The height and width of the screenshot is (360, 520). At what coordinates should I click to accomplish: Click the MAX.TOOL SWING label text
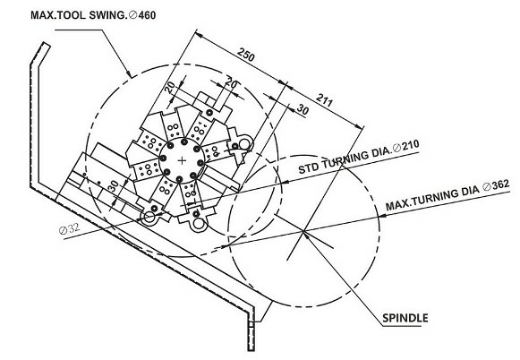(x=79, y=15)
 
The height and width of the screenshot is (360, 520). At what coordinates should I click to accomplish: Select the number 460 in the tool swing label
(x=147, y=15)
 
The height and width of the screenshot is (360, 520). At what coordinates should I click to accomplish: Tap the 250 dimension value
(x=246, y=55)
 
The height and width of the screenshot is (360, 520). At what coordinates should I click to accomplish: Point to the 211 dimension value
(x=324, y=100)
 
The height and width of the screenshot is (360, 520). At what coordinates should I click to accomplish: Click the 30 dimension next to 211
(x=303, y=109)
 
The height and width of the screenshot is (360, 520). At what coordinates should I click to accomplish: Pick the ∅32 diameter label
(x=69, y=228)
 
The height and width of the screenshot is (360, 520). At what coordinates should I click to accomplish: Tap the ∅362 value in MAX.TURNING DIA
(x=497, y=185)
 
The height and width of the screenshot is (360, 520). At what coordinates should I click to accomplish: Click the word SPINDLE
(x=405, y=318)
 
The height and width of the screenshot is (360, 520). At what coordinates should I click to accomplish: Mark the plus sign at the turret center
(x=182, y=160)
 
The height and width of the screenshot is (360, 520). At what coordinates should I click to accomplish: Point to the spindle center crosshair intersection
(x=303, y=231)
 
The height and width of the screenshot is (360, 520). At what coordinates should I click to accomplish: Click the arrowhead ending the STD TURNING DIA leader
(x=285, y=182)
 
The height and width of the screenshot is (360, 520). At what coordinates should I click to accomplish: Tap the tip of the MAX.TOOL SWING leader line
(x=132, y=77)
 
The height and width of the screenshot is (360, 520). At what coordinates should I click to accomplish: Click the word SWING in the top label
(x=108, y=15)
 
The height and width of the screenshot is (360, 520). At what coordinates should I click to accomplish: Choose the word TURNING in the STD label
(x=344, y=160)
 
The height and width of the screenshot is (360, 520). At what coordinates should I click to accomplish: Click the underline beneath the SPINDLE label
(x=402, y=326)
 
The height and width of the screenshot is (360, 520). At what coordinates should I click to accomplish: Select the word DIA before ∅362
(x=470, y=191)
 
